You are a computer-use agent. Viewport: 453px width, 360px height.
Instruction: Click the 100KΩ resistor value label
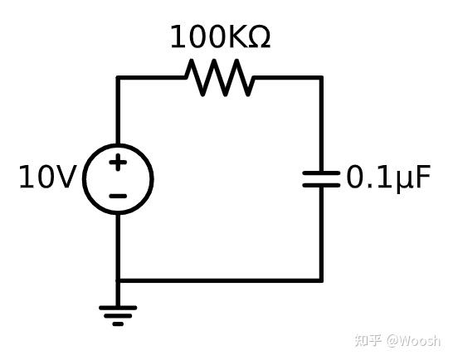click(220, 37)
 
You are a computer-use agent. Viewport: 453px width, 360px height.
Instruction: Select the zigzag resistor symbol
click(220, 77)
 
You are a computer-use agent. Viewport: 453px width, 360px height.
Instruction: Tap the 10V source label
click(47, 178)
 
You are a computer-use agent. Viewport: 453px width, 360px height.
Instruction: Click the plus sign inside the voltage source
click(118, 162)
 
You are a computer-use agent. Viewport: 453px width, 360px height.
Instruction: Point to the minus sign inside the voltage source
click(118, 197)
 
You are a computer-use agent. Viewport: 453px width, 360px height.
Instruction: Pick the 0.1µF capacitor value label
click(388, 178)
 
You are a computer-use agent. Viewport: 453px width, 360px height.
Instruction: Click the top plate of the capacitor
click(321, 173)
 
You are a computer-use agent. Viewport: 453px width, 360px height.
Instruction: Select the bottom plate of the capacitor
click(321, 184)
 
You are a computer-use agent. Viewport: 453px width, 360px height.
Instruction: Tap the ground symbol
click(118, 314)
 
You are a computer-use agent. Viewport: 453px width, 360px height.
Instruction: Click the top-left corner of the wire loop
click(118, 78)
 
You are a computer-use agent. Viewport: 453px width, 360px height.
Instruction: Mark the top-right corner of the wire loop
click(321, 78)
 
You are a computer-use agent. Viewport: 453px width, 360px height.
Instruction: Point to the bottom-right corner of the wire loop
click(321, 280)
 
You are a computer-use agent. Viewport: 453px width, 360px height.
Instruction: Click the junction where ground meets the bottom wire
click(118, 280)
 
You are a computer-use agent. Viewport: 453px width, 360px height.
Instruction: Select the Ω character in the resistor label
click(259, 37)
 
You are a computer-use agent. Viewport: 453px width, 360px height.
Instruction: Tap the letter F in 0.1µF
click(422, 178)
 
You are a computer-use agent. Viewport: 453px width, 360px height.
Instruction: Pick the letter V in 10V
click(67, 178)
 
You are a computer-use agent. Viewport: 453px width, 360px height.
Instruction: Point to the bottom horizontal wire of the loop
click(220, 280)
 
